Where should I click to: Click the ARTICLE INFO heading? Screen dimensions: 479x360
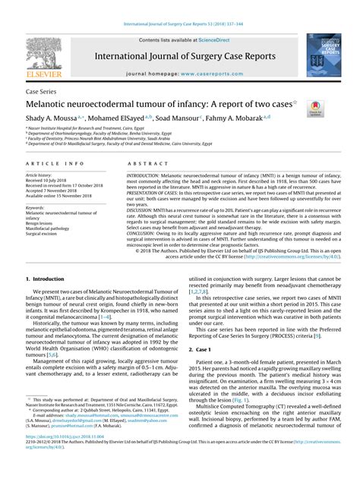55,164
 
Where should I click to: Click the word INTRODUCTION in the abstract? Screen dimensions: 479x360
149,175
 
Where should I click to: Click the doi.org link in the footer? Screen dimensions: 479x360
64,459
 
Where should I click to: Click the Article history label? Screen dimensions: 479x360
39,175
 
